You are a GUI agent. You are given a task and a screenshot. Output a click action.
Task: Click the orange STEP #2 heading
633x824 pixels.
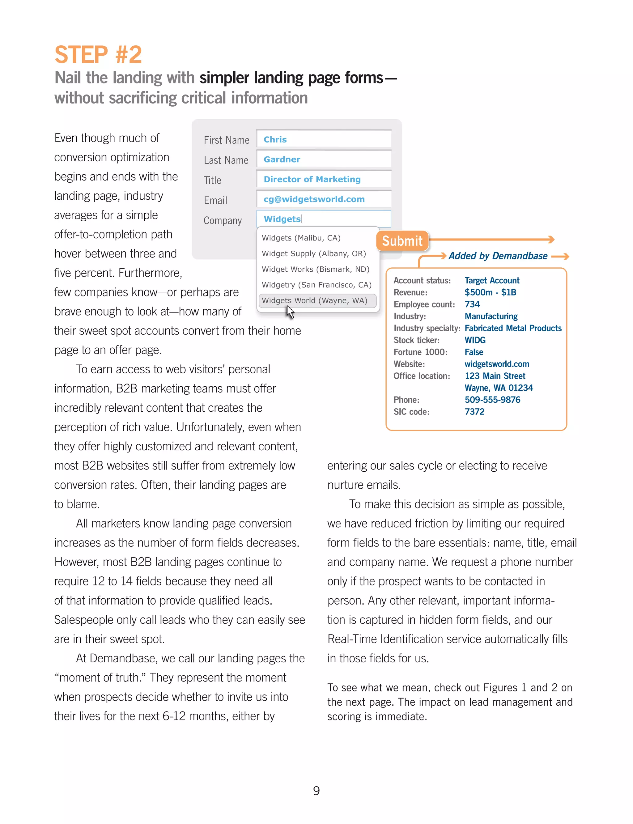tap(98, 55)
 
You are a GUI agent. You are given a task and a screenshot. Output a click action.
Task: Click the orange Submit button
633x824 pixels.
tap(402, 241)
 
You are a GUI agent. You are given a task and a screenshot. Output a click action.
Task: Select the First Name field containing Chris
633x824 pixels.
tap(323, 139)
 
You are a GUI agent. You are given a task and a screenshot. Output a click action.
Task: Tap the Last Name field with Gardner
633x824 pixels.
tap(323, 159)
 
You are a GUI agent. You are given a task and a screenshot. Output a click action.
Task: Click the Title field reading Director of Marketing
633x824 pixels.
tap(323, 179)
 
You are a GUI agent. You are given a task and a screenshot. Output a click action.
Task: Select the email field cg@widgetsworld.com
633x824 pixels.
tap(323, 199)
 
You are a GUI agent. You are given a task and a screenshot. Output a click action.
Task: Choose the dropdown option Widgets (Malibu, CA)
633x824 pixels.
tap(301, 238)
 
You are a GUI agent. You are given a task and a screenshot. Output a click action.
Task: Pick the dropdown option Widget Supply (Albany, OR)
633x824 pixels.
tap(313, 253)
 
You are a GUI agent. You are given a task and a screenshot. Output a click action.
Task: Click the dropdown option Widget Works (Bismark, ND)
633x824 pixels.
tap(315, 269)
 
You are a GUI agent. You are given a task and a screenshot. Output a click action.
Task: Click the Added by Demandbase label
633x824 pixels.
tap(498, 256)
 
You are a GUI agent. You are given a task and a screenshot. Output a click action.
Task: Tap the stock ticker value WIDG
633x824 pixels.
tap(475, 340)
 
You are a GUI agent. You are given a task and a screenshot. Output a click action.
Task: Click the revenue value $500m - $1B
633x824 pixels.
tap(490, 292)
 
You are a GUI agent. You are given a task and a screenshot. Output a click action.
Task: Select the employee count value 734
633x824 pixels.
tap(472, 304)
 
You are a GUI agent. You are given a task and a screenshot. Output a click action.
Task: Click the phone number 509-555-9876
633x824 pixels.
tap(492, 399)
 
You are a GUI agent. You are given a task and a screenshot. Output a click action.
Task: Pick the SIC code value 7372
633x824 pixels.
tap(474, 411)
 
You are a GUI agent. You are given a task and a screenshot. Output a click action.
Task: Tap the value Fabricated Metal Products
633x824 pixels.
tap(513, 328)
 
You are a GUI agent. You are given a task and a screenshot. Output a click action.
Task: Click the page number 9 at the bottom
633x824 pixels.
tap(316, 790)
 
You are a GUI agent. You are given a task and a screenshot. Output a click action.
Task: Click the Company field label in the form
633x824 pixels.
tap(223, 220)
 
